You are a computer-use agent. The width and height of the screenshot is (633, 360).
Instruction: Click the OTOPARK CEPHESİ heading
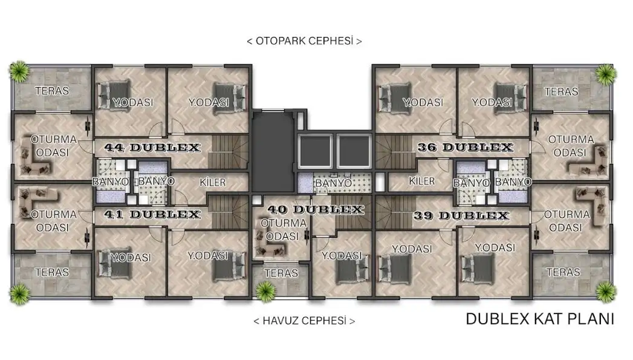tap(304, 41)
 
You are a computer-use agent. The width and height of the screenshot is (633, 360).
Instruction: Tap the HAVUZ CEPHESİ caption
tap(304, 321)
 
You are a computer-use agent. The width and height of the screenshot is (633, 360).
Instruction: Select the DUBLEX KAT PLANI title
tap(540, 319)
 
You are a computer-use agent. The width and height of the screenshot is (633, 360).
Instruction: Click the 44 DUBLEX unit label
tap(152, 148)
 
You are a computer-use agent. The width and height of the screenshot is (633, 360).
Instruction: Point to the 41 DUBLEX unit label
tap(152, 214)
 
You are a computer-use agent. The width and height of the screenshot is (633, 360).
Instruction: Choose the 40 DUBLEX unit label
tap(315, 209)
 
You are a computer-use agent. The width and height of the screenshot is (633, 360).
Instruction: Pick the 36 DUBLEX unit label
tap(465, 148)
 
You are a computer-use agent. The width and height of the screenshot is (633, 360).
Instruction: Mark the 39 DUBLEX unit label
tap(461, 215)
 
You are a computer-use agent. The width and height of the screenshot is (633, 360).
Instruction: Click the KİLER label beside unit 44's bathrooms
tap(213, 182)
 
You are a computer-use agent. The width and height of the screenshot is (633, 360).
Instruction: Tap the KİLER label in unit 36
tap(422, 181)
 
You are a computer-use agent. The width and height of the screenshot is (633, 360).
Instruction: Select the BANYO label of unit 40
tap(334, 183)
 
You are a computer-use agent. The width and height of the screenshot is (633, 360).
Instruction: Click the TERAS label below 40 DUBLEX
tap(281, 273)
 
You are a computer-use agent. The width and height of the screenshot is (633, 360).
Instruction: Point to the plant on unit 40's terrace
tap(265, 291)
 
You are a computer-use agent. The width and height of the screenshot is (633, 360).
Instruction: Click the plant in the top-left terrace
tap(19, 71)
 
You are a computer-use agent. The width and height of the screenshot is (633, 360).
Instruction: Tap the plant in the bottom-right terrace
tap(605, 292)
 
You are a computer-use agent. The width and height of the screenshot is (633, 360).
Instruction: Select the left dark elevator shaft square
tap(315, 151)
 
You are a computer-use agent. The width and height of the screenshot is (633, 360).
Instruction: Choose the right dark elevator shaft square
tap(354, 151)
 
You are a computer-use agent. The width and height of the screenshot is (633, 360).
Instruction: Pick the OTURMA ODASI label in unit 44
tap(53, 146)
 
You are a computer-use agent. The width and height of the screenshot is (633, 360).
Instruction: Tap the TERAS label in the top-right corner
tap(561, 92)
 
